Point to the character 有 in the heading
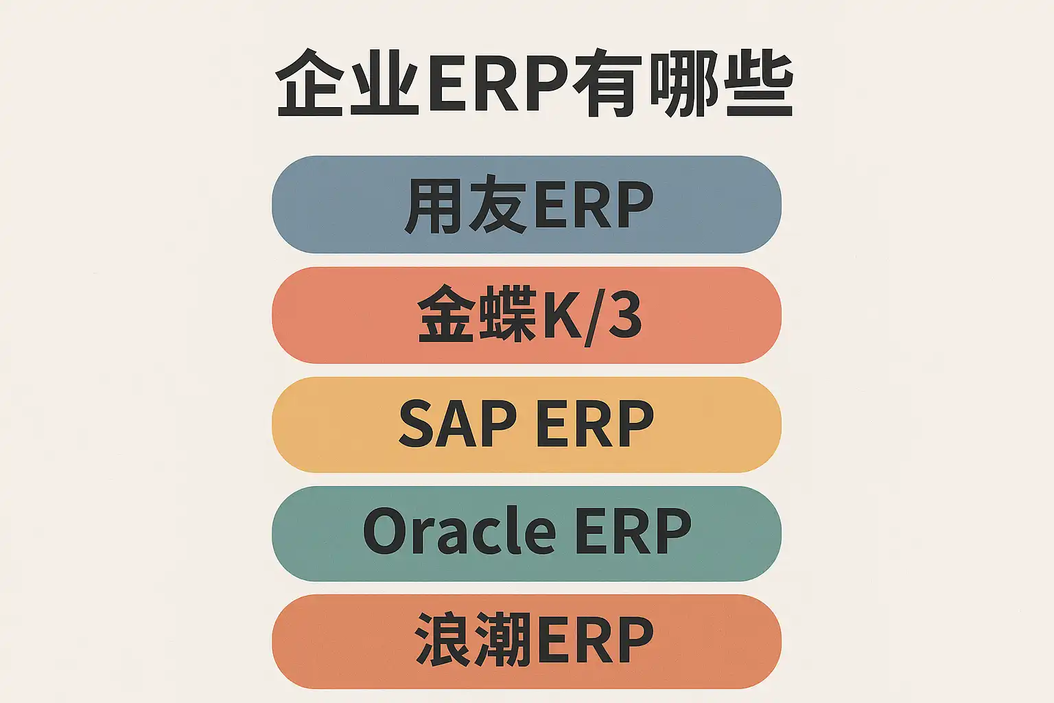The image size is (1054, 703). [605, 84]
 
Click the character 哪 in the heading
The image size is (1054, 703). [681, 84]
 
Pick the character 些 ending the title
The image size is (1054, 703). [757, 84]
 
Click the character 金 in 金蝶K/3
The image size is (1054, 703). [447, 316]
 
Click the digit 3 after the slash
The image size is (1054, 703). [624, 316]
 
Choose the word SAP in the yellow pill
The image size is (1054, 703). [457, 425]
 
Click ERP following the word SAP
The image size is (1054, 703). [594, 425]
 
